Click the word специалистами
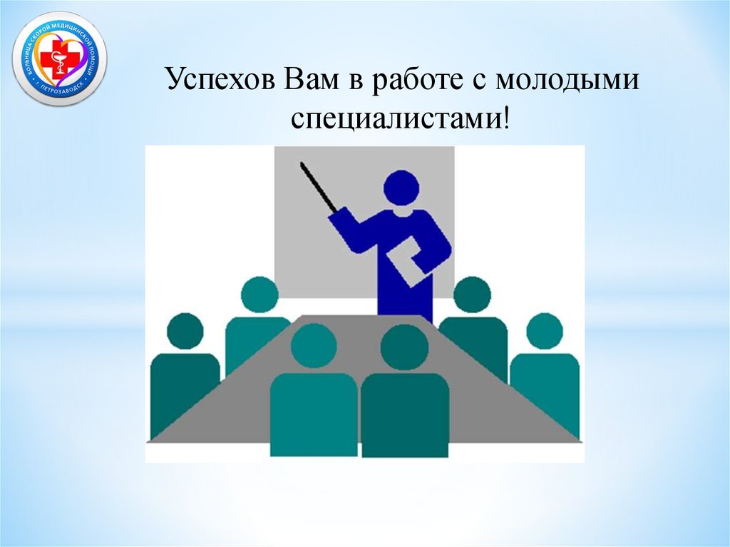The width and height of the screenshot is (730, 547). pyautogui.click(x=396, y=117)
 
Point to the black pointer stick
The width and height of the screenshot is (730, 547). pyautogui.click(x=318, y=187)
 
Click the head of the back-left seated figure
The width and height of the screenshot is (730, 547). pyautogui.click(x=259, y=295)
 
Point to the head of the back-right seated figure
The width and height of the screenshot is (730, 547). pyautogui.click(x=472, y=295)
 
